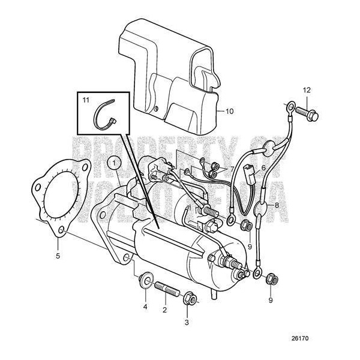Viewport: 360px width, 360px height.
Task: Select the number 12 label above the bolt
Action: click(x=307, y=90)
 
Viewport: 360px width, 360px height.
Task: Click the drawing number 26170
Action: click(x=302, y=338)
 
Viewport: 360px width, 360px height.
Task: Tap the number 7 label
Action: click(x=232, y=170)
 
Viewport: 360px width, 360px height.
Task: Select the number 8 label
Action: click(x=277, y=205)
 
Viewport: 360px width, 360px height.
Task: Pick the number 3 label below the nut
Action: click(x=186, y=323)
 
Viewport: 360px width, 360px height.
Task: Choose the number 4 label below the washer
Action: click(x=145, y=307)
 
